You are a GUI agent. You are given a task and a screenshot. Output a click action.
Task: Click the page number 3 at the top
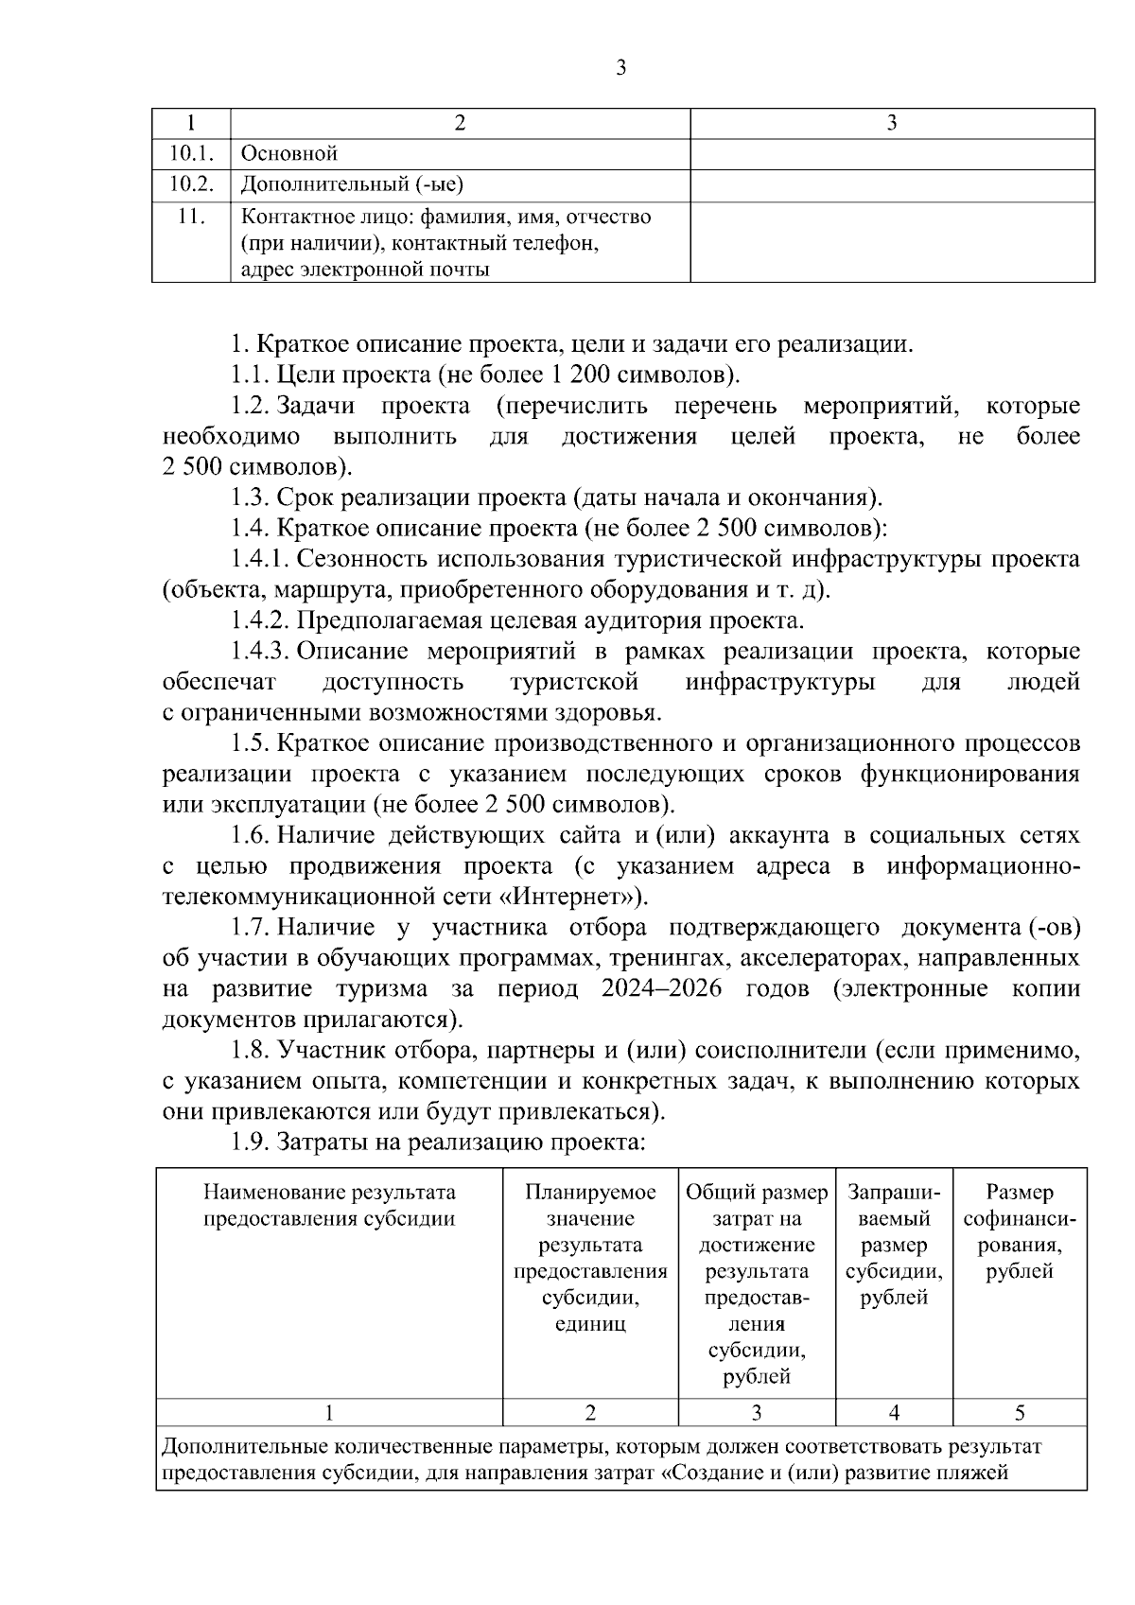620,67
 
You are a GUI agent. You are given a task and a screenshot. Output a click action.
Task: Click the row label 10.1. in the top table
191,152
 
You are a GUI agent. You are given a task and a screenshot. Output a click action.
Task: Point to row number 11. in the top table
191,217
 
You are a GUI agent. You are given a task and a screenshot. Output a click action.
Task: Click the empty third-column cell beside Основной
891,153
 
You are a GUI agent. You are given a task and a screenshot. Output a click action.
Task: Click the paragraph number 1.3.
252,497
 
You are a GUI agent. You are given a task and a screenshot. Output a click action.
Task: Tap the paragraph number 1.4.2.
260,620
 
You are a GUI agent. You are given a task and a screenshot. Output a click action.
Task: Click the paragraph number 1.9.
252,1143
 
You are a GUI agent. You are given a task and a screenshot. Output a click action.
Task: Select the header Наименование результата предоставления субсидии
329,1205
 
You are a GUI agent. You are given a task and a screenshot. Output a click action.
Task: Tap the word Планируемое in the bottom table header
590,1192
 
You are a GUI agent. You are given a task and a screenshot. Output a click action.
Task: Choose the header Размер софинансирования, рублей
1020,1231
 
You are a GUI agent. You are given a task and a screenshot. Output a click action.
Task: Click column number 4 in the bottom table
894,1412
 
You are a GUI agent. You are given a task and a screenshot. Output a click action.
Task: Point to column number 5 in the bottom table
1020,1412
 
